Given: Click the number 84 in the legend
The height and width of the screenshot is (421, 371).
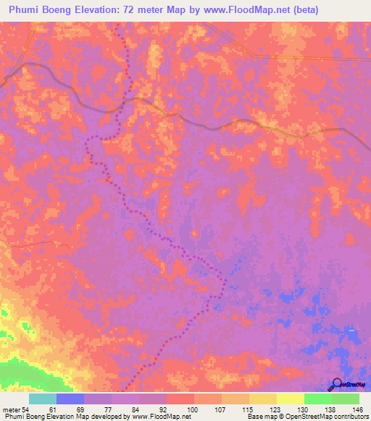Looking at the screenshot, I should (x=138, y=409).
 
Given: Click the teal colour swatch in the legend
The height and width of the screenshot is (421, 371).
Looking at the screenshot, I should (x=43, y=399).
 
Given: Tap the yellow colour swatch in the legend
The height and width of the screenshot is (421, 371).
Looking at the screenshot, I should (x=290, y=399).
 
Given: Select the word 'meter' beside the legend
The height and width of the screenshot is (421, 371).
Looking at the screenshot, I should (x=12, y=409).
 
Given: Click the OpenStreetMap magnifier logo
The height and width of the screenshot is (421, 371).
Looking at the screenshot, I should (x=336, y=385).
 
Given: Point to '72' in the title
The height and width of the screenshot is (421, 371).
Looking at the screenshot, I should (x=131, y=10).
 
